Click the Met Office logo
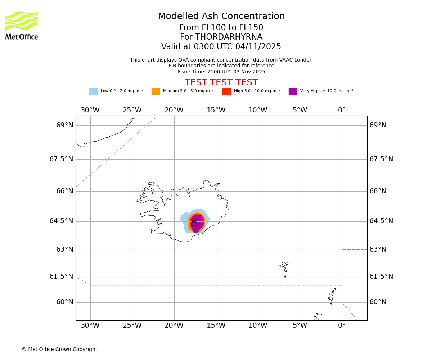click(x=22, y=25)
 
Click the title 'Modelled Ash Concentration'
click(x=221, y=17)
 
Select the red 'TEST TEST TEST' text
click(x=221, y=82)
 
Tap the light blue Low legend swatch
click(x=93, y=91)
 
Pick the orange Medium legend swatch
click(x=156, y=91)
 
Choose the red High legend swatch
click(x=226, y=91)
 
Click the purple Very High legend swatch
click(x=293, y=91)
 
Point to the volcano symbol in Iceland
click(x=194, y=223)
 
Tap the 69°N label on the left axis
click(x=65, y=125)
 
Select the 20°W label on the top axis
click(x=174, y=110)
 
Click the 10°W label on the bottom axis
click(x=258, y=326)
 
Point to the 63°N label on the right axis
click(x=378, y=249)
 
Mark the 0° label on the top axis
click(x=342, y=110)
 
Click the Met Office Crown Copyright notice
click(x=59, y=350)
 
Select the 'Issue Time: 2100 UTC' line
click(x=221, y=72)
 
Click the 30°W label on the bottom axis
click(x=90, y=326)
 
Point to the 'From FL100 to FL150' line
click(x=221, y=28)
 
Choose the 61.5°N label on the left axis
click(x=61, y=276)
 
